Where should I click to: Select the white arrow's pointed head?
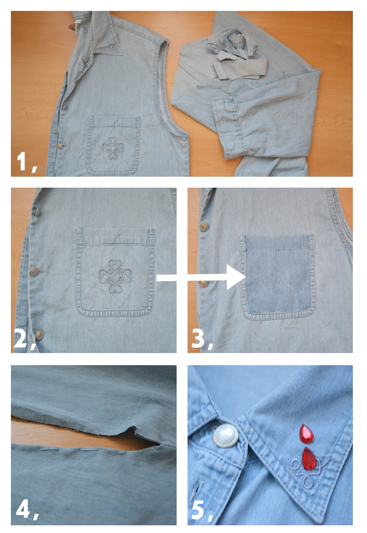pos(236,277)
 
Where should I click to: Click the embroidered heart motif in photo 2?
pos(115,276)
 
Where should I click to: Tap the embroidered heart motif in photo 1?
pos(113,148)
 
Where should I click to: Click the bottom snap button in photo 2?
pos(40,335)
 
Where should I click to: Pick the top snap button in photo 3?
pos(204,227)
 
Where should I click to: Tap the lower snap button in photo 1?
pos(59,146)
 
